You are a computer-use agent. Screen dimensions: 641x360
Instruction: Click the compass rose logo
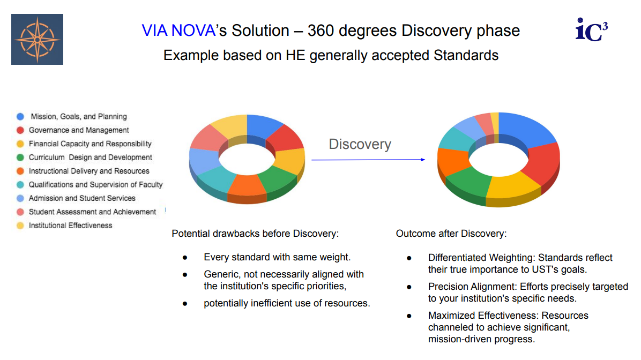coord(37,39)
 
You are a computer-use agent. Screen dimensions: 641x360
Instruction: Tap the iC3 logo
coord(592,29)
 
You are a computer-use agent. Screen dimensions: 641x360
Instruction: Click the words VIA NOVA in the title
coord(178,31)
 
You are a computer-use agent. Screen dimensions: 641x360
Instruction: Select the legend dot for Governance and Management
coord(20,130)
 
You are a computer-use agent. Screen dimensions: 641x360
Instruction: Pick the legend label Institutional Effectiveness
coord(70,226)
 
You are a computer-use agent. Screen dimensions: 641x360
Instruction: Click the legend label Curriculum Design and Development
coord(91,157)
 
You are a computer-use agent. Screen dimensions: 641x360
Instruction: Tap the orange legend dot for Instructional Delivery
coord(20,171)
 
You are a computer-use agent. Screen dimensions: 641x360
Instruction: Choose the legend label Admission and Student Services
coord(82,198)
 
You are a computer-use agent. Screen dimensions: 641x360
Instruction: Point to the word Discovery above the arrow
coord(360,144)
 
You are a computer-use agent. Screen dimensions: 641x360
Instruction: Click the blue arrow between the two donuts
coord(368,160)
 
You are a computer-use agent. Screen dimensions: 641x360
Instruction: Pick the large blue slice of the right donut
coord(525,129)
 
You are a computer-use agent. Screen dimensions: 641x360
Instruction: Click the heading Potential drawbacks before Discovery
coord(255,234)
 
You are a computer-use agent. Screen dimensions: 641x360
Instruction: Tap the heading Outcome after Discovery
coord(451,234)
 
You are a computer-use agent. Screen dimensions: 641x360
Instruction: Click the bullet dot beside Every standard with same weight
coord(185,258)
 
